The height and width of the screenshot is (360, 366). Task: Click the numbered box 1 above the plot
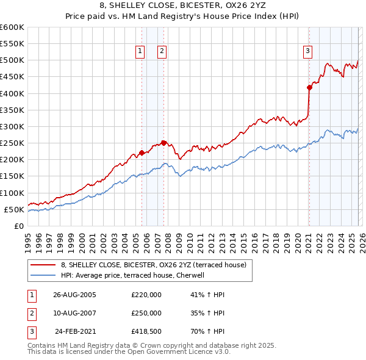click(141, 52)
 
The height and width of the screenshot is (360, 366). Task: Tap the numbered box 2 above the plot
click(162, 52)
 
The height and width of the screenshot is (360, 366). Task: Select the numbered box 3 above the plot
click(308, 52)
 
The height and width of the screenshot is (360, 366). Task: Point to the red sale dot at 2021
click(309, 87)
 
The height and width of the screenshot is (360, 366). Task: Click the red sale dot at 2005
click(142, 153)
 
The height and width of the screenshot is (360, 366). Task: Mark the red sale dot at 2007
click(163, 143)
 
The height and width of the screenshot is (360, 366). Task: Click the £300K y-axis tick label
click(12, 126)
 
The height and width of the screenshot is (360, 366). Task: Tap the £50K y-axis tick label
click(14, 209)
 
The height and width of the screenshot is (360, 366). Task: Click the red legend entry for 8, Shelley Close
click(153, 265)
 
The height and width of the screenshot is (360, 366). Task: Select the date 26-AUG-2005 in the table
click(74, 295)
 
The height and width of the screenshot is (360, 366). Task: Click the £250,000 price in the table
click(146, 313)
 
